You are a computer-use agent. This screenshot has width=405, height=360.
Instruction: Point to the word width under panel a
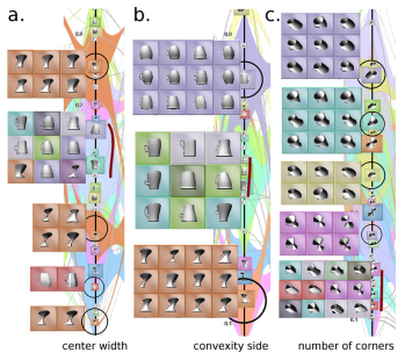(x=113, y=346)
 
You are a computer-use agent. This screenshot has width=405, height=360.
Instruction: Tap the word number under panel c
(x=316, y=346)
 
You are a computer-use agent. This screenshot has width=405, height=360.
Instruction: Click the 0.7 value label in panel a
(x=78, y=105)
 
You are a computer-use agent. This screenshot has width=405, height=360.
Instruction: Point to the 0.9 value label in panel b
(x=227, y=34)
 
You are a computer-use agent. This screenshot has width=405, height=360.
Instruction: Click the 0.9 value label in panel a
(x=78, y=32)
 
